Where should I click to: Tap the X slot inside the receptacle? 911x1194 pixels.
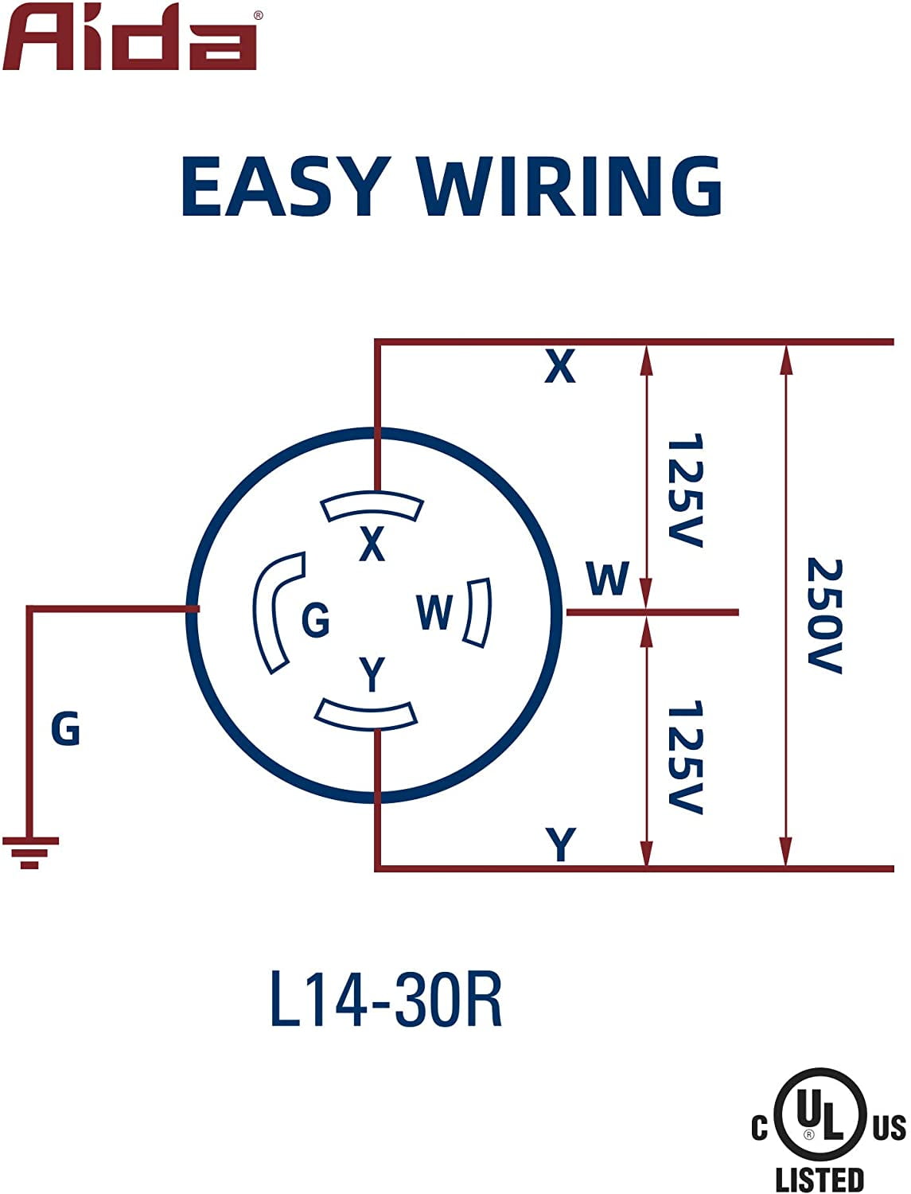pyautogui.click(x=372, y=506)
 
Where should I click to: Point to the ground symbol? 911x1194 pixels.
pyautogui.click(x=30, y=852)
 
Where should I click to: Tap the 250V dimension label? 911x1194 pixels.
pyautogui.click(x=824, y=615)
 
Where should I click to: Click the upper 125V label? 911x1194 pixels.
pyautogui.click(x=684, y=490)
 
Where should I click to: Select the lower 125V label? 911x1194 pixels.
pyautogui.click(x=684, y=757)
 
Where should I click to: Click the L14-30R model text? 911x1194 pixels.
pyautogui.click(x=387, y=998)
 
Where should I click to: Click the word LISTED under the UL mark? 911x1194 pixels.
pyautogui.click(x=820, y=1179)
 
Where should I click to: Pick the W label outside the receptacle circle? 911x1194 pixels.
pyautogui.click(x=607, y=579)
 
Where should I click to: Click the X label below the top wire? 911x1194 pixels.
pyautogui.click(x=559, y=367)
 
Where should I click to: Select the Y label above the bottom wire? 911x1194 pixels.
pyautogui.click(x=561, y=844)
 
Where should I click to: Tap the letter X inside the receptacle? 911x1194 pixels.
pyautogui.click(x=372, y=544)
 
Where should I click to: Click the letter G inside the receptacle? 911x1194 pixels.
pyautogui.click(x=316, y=619)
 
